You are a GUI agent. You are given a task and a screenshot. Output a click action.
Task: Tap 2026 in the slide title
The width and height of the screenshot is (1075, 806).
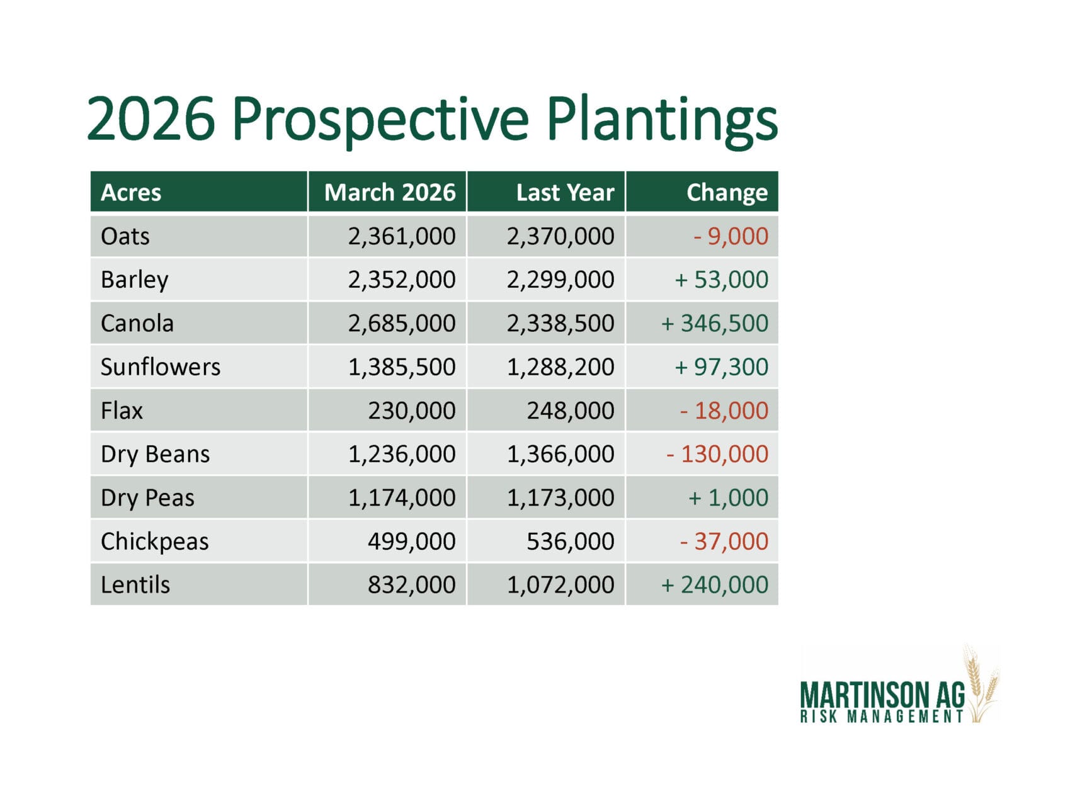click(x=151, y=118)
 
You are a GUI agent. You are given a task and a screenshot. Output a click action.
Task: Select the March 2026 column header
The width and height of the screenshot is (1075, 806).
click(x=390, y=192)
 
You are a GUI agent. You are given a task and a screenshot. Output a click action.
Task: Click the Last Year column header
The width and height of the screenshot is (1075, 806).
click(x=565, y=192)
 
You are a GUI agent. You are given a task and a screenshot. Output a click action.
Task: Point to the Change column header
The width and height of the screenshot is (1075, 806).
click(x=727, y=193)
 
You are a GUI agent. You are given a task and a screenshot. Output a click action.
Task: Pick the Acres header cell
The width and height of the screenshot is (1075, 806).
click(x=131, y=192)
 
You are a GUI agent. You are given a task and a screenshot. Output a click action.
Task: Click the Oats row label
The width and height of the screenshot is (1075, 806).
click(x=125, y=236)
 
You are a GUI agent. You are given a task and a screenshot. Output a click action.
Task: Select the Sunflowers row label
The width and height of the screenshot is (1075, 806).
click(x=161, y=366)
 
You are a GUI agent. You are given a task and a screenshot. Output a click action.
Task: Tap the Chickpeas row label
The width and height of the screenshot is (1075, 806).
click(x=155, y=542)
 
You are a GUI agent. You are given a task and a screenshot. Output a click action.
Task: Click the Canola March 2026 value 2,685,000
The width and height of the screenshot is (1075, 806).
click(x=402, y=324)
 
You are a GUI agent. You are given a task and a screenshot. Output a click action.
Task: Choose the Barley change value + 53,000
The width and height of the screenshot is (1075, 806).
click(x=721, y=280)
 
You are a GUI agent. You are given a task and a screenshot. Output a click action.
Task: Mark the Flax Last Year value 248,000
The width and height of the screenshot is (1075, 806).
click(x=571, y=411)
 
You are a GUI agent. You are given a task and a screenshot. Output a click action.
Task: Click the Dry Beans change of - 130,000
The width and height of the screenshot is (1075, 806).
click(x=717, y=454)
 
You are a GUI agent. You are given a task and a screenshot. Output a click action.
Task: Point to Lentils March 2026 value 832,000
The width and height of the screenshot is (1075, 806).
click(x=412, y=585)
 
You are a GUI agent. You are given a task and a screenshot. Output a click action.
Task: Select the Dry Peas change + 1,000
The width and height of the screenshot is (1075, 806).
click(x=728, y=497)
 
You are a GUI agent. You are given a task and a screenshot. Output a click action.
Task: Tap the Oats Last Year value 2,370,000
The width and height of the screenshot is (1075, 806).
click(x=560, y=236)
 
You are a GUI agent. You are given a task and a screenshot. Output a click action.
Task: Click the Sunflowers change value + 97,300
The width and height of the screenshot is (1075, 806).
click(x=721, y=366)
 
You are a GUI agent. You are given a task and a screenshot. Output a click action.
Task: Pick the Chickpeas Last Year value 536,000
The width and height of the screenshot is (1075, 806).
click(x=571, y=542)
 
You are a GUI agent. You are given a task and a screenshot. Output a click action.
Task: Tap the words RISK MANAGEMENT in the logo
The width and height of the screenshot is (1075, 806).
click(x=882, y=717)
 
